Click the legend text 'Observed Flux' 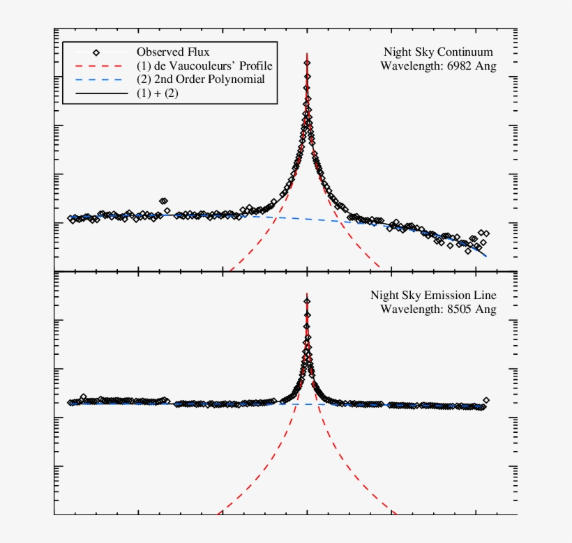pos(172,52)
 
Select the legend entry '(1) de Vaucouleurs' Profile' pos(204,66)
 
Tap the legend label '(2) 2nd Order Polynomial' pos(200,79)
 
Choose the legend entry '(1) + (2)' pos(157,93)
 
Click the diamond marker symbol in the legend pos(97,52)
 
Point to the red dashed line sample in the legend pos(97,66)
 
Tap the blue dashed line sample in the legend pos(97,79)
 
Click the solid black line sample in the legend pos(97,93)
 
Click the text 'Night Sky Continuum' pos(439,52)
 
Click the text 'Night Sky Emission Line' pos(433,296)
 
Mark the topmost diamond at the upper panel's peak pos(307,63)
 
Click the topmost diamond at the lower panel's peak pos(307,301)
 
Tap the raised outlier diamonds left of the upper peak pos(163,201)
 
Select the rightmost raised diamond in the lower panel pos(486,400)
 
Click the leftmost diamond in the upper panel pos(70,219)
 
